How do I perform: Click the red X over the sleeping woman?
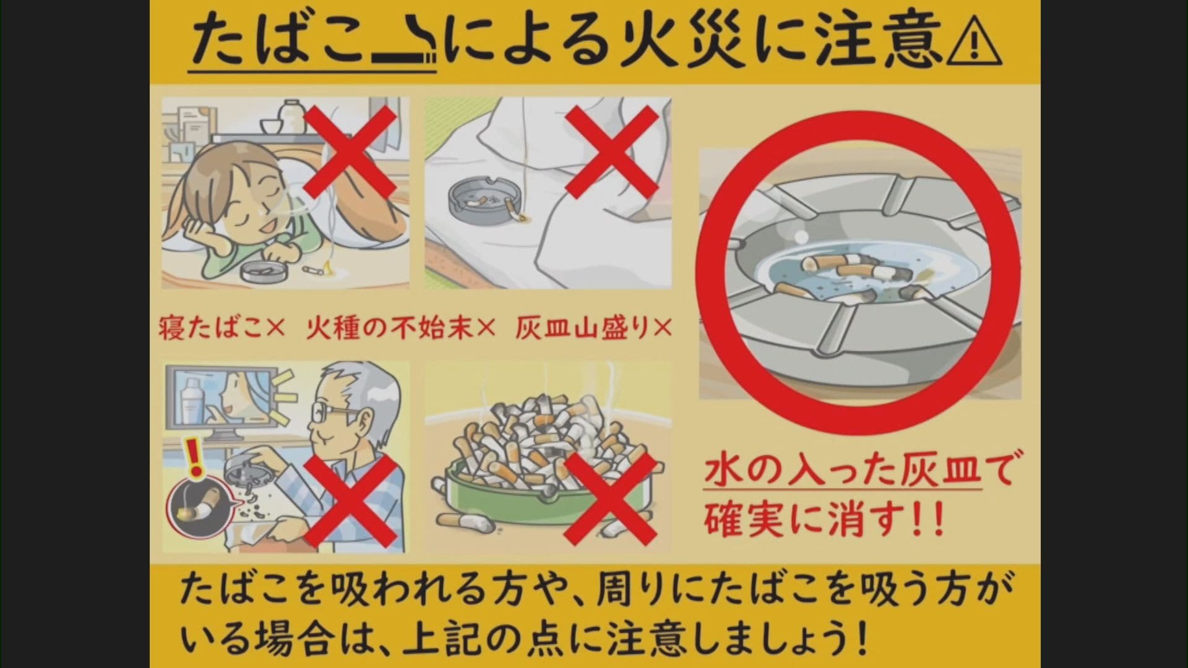coord(350,151)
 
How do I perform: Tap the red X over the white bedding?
coord(611,151)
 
